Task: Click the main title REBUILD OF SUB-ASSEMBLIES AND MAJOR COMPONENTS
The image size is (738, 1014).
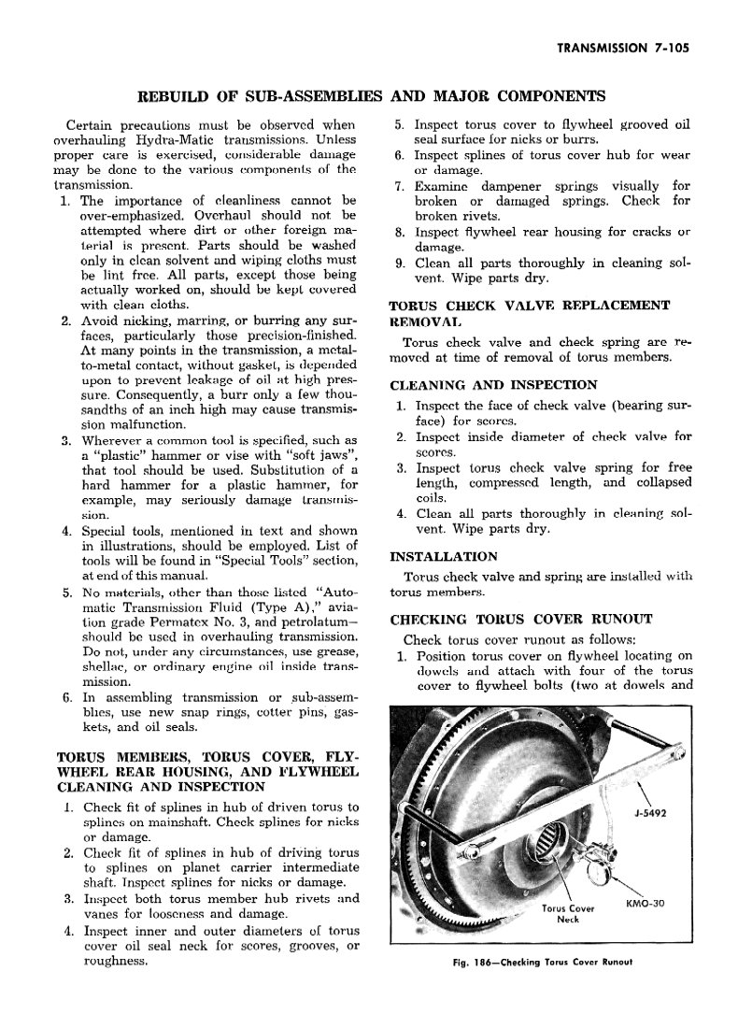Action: pos(372,96)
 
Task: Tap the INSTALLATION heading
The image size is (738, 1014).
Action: pos(444,557)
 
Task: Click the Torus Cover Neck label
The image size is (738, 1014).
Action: pos(568,913)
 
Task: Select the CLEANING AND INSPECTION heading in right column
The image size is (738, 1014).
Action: pos(493,384)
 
